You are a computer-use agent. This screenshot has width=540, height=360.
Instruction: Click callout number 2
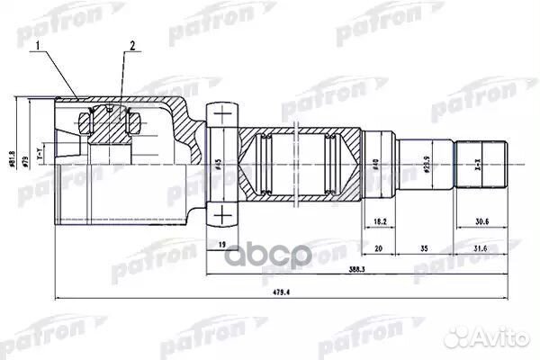click(131, 46)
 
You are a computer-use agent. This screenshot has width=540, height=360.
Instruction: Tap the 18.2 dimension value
click(380, 219)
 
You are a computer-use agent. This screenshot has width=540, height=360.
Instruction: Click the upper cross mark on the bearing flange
click(220, 113)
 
